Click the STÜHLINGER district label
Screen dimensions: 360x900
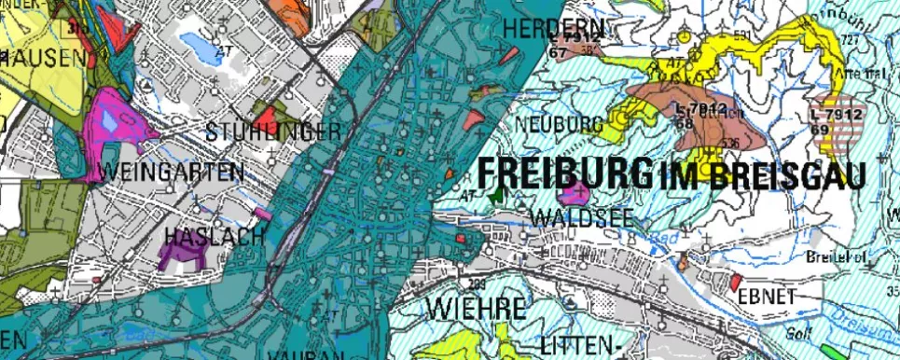point(272,131)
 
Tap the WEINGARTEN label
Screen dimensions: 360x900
point(171,173)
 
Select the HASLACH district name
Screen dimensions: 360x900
point(214,237)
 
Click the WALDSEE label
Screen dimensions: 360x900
point(580,216)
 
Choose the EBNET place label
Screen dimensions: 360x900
point(767,297)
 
